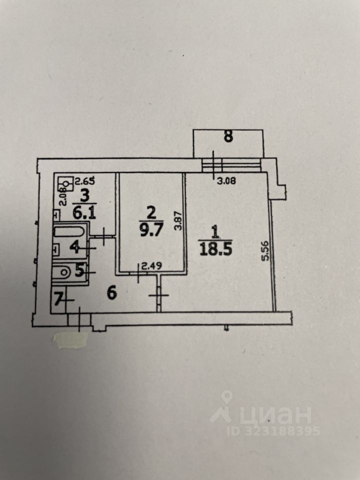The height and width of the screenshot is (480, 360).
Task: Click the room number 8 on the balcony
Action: (x=228, y=137)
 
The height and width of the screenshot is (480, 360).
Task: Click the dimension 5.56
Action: (x=265, y=251)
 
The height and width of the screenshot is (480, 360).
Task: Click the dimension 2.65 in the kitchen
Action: (x=84, y=181)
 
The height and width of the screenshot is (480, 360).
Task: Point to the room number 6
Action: (x=111, y=293)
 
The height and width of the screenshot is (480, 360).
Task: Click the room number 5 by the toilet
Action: (x=78, y=271)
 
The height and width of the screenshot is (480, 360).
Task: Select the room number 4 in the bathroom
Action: (x=74, y=246)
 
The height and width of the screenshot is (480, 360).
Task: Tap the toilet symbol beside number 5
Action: (x=63, y=272)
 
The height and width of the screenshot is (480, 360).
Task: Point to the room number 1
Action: (x=215, y=232)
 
